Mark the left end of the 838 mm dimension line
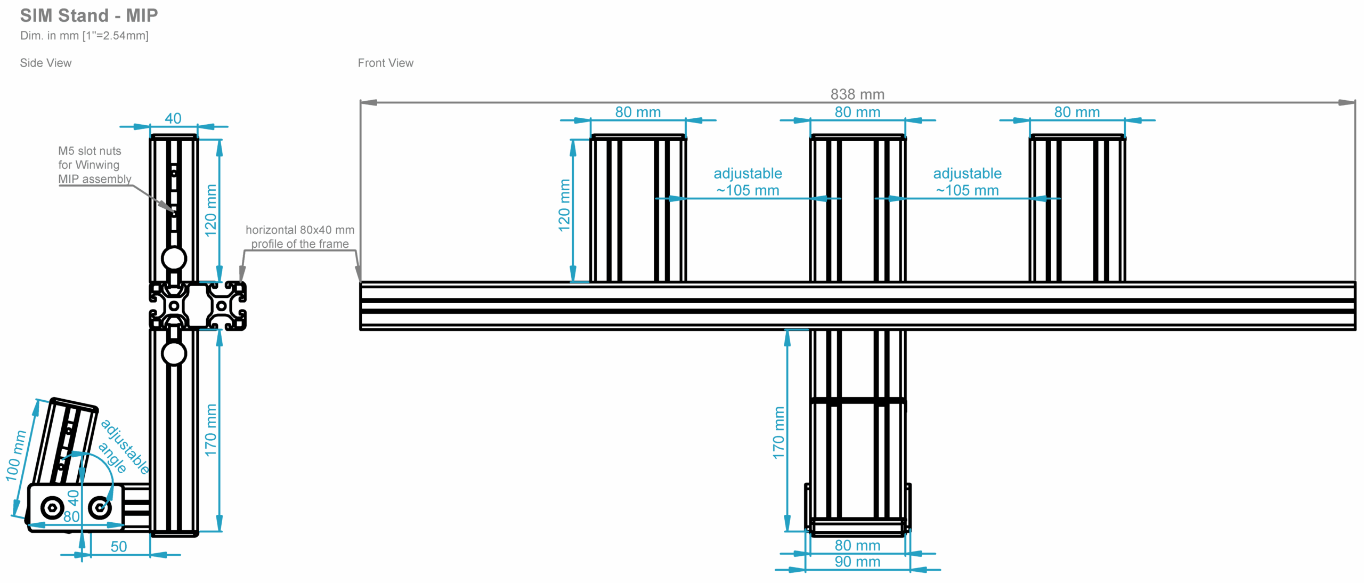pos(361,102)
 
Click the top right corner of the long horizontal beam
pos(1355,282)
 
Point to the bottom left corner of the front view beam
pos(361,329)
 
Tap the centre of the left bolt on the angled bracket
pos(52,507)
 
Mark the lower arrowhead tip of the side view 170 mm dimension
pos(219,531)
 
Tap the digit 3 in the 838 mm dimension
pos(844,94)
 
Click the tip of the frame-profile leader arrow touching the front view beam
pos(360,280)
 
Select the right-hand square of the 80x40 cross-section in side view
pos(221,306)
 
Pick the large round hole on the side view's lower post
pos(174,353)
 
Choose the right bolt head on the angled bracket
pos(100,507)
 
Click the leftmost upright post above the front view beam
pos(638,208)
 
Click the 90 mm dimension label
pos(857,562)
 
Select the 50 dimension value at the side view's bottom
pos(119,547)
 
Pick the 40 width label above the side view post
pos(173,118)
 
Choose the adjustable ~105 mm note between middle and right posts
pos(967,182)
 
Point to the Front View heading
pos(385,63)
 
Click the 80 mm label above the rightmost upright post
pos(1077,112)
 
